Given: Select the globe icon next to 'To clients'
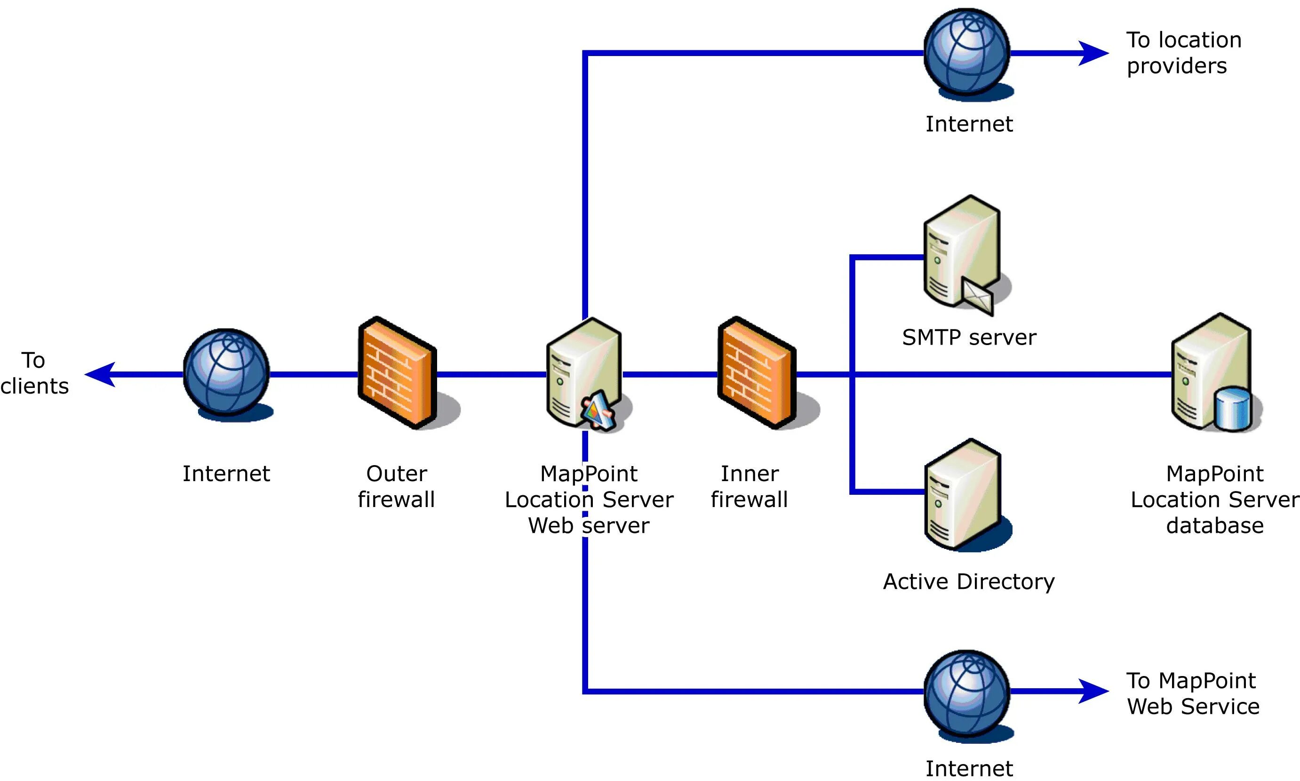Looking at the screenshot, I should click(x=227, y=372).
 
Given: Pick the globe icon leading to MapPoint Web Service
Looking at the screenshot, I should click(x=966, y=692).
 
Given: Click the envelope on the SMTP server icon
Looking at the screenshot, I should click(x=977, y=296).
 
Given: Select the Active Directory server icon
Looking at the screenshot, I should click(x=962, y=495).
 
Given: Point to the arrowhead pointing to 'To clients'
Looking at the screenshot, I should click(x=100, y=375).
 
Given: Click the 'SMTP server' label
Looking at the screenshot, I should click(x=969, y=338).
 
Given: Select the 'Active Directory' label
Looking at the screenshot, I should click(x=969, y=581).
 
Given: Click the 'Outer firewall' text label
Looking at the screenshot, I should click(x=397, y=486).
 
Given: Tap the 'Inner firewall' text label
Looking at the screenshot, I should click(x=750, y=486).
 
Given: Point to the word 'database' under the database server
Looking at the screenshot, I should click(x=1215, y=525).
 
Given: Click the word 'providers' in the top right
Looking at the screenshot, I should click(x=1176, y=66).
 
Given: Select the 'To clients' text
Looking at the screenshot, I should click(x=34, y=373).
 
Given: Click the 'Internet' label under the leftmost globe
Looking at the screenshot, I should click(x=226, y=474).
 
